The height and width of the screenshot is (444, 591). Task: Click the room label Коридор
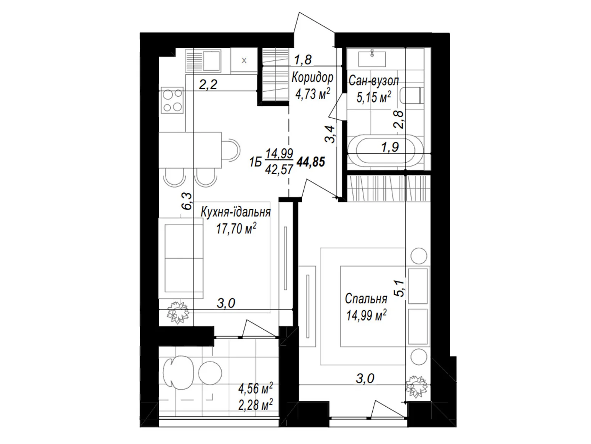click(312, 78)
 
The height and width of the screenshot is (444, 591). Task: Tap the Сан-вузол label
click(374, 81)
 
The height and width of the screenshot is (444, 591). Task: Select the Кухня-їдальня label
click(236, 212)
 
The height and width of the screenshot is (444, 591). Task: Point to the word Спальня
click(366, 299)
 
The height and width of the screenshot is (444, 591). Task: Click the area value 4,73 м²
click(312, 94)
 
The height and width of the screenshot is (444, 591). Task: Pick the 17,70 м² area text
click(236, 229)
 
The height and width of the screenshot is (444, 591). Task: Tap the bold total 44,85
click(311, 162)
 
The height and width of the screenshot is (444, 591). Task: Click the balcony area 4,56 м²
click(255, 388)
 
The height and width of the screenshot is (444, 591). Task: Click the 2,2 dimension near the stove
click(208, 85)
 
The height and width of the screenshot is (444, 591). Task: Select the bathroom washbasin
click(372, 59)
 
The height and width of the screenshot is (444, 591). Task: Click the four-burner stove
click(172, 100)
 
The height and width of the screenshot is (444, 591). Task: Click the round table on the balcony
click(210, 373)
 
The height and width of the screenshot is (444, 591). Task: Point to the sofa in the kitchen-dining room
click(180, 258)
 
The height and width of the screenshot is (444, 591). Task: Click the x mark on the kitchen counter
click(244, 61)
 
